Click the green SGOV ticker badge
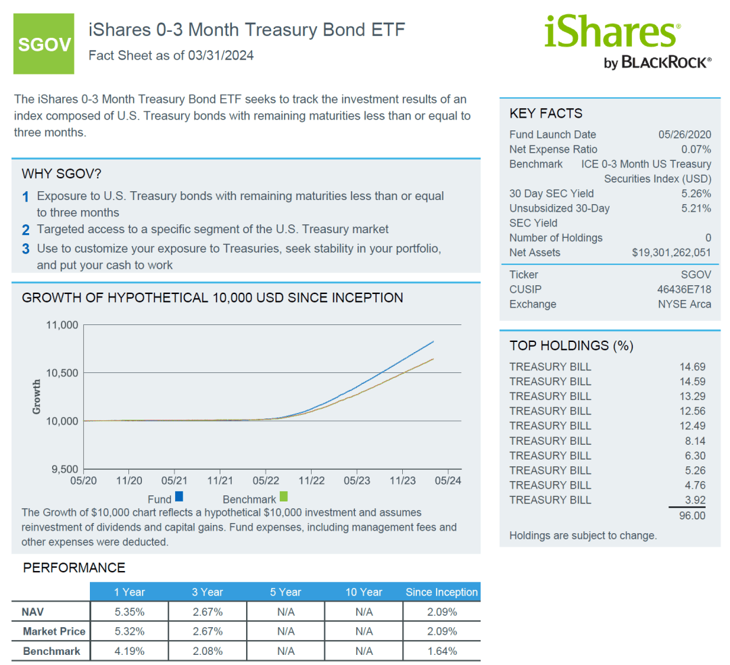coord(44,44)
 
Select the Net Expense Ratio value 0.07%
coord(696,149)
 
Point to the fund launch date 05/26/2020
coord(684,134)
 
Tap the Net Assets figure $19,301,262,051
coord(671,253)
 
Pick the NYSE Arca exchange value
coord(684,304)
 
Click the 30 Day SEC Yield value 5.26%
coord(696,193)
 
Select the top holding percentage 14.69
coord(692,367)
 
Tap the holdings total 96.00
coord(691,516)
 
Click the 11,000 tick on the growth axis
coord(62,325)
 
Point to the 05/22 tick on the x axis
coord(266,481)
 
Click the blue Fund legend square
coord(179,497)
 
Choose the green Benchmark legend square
coord(284,497)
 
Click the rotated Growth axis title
coord(36,397)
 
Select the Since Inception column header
coord(441,592)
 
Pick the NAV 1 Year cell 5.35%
coord(129,612)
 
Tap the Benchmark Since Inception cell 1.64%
coord(442,651)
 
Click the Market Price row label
coord(54,631)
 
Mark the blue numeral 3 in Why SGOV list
coord(26,249)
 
